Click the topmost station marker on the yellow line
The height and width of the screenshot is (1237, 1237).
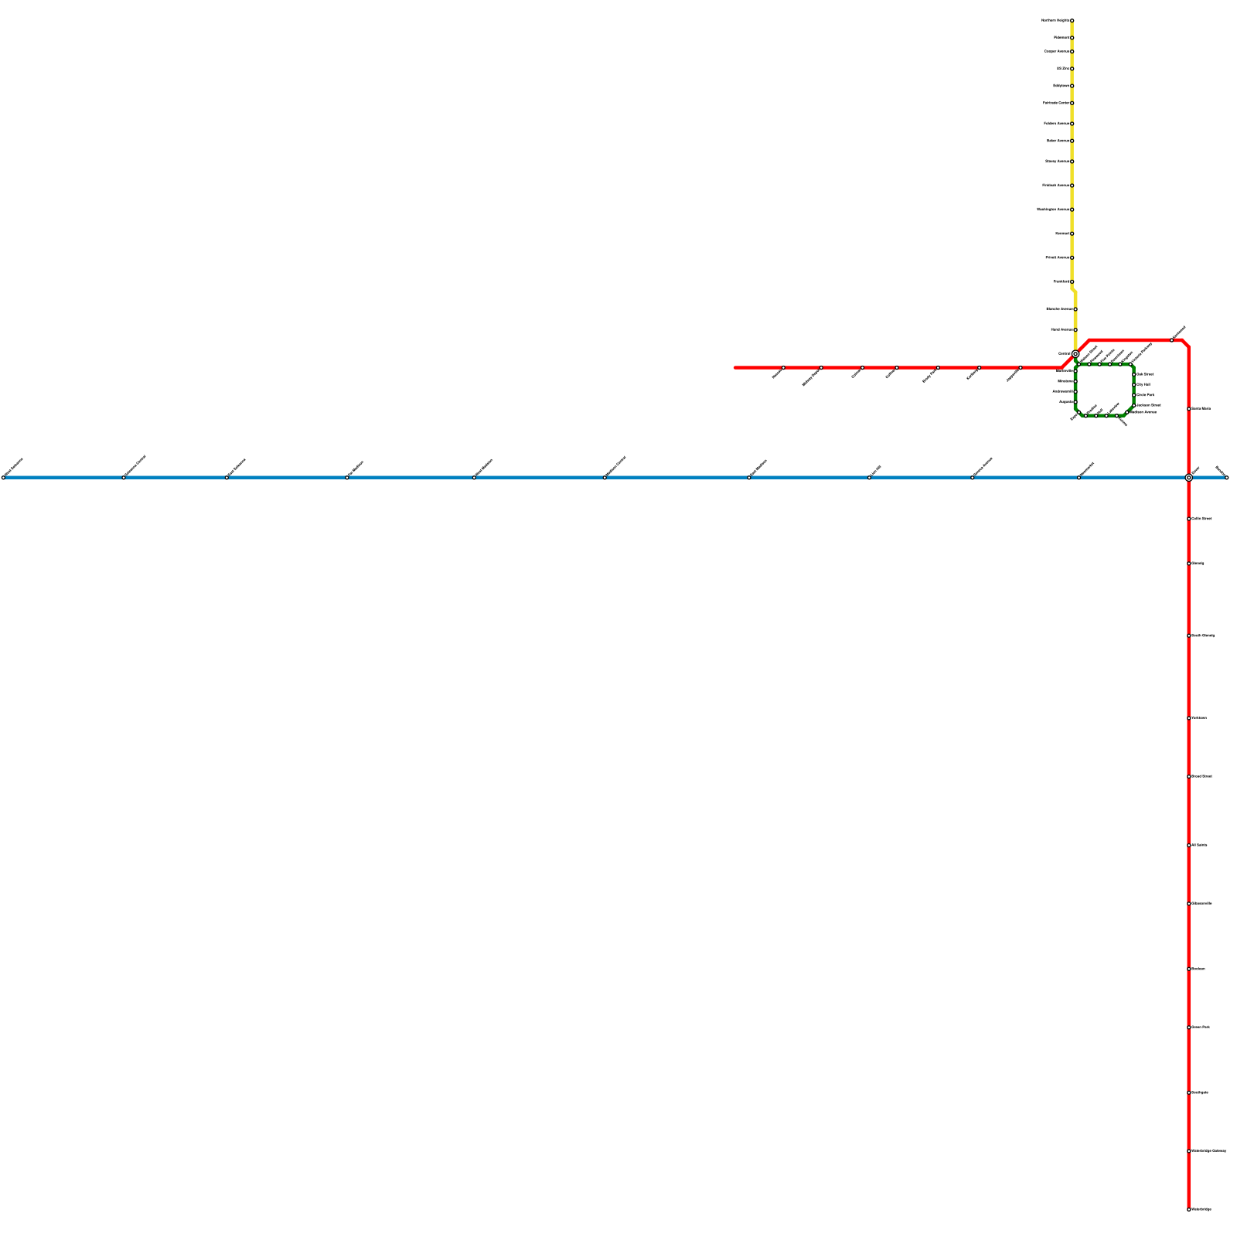tap(1072, 20)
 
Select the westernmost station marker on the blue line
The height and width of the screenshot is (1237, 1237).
tap(3, 478)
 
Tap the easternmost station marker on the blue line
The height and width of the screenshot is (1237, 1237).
tap(1226, 478)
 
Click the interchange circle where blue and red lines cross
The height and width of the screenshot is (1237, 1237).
tap(1188, 478)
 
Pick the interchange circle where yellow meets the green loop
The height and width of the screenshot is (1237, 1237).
tap(1075, 354)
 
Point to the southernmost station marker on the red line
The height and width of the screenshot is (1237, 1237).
tap(1188, 1209)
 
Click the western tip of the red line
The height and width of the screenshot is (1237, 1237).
tap(735, 367)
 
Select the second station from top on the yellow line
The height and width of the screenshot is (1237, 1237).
tap(1072, 37)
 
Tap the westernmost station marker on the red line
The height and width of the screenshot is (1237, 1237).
tap(783, 367)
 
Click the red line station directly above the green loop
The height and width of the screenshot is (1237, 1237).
tap(1171, 339)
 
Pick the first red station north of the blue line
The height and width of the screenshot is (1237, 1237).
tap(1188, 408)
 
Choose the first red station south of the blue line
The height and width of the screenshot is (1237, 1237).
tap(1188, 519)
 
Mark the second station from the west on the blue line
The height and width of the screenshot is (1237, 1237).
tap(124, 478)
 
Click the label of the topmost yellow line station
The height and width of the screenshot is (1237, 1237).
tap(1055, 20)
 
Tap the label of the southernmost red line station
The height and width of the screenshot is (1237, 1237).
tap(1202, 1209)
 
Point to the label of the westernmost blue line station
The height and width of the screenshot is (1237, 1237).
tap(14, 467)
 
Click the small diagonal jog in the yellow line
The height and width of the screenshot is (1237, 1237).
tap(1073, 290)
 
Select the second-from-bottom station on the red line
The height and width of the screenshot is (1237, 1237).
tap(1188, 1151)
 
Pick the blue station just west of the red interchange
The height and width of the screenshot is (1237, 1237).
tap(1079, 478)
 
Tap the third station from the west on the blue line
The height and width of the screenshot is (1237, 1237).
tap(227, 478)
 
